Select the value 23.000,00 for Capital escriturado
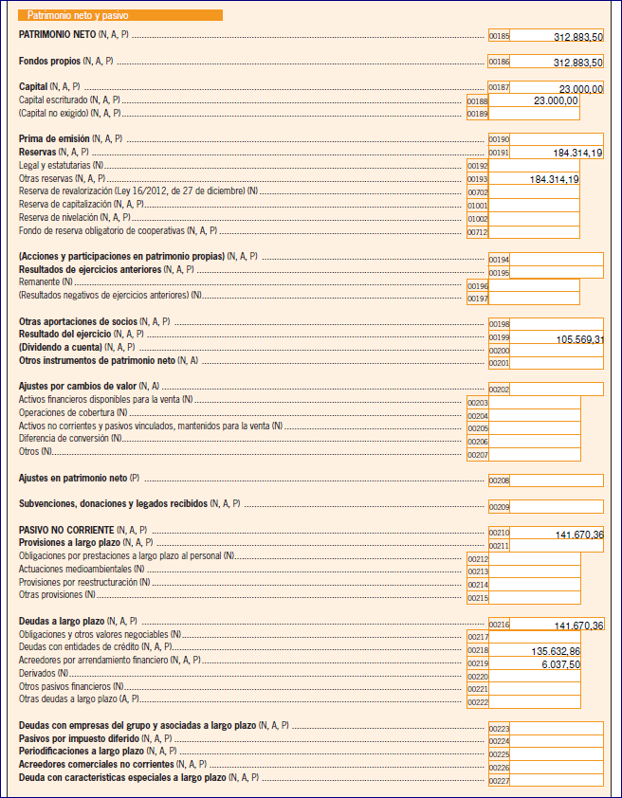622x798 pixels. [x=556, y=100]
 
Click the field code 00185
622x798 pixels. [x=499, y=36]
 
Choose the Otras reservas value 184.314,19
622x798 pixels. [x=555, y=178]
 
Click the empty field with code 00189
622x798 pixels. [x=534, y=114]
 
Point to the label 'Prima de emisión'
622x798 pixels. [x=54, y=138]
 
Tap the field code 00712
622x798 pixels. [x=478, y=231]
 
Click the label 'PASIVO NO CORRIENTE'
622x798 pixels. [x=66, y=529]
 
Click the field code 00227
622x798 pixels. [x=499, y=780]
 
